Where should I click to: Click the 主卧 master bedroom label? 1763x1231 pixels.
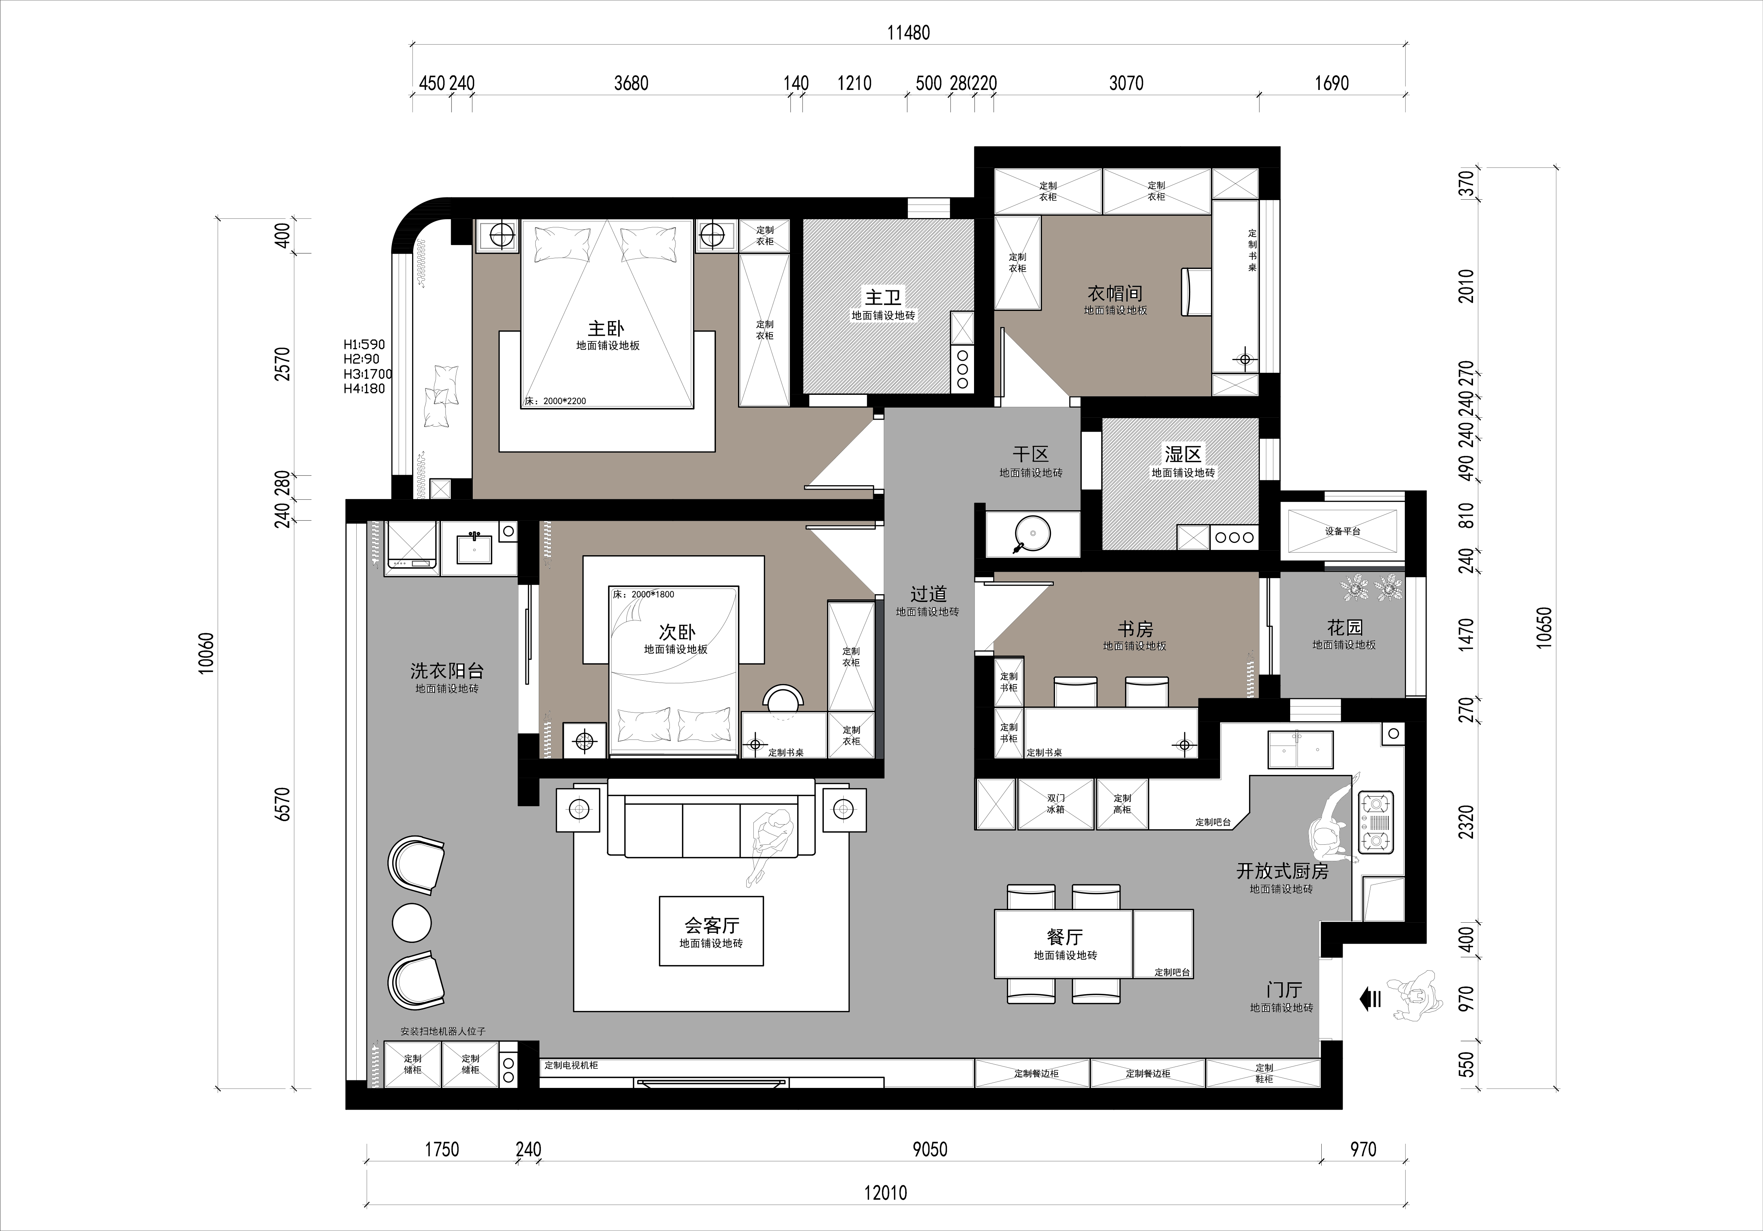coord(606,329)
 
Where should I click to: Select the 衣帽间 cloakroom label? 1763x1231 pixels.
coord(1115,293)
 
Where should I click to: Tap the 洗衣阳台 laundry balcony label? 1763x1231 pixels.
coord(447,671)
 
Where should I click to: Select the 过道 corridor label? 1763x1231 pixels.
coord(928,594)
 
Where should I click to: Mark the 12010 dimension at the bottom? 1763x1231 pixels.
coord(885,1193)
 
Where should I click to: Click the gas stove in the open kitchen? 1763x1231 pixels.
coord(1376,823)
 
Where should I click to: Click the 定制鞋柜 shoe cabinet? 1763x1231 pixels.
coord(1263,1073)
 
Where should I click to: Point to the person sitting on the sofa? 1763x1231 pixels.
coord(770,845)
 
